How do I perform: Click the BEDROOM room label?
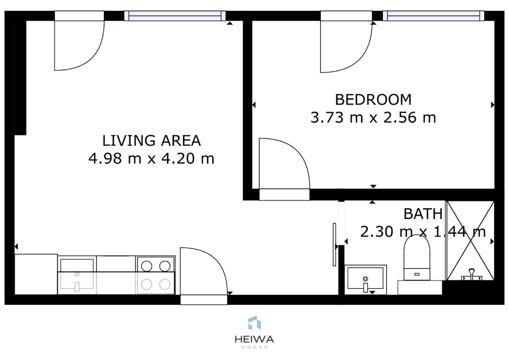pos(373,100)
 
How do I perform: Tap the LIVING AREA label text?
pos(152,140)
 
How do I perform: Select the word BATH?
pos(423,214)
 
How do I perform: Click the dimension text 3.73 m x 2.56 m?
pos(373,117)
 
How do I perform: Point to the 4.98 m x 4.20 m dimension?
pos(151,159)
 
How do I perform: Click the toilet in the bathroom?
pos(417,258)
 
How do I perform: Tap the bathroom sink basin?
pos(365,280)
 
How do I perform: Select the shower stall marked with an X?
pos(470,241)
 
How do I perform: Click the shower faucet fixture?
pos(472,275)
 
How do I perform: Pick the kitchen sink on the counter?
pos(77,276)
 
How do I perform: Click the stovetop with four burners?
pos(156,275)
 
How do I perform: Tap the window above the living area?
pos(175,16)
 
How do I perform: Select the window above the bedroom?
pos(433,16)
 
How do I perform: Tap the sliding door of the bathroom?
pos(334,244)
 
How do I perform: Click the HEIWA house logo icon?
pos(254,323)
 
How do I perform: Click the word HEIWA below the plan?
pos(254,340)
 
